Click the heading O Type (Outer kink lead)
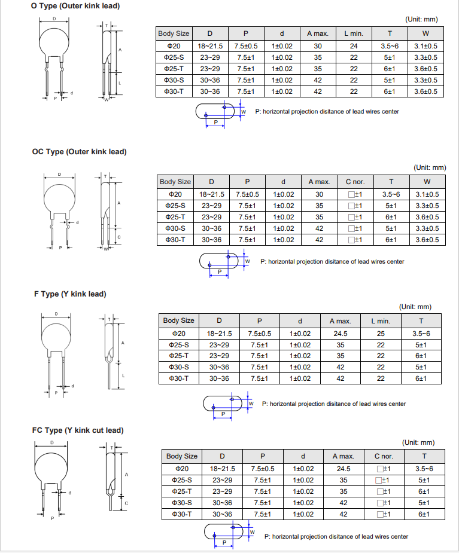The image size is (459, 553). pos(75,6)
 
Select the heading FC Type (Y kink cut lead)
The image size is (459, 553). pos(78,430)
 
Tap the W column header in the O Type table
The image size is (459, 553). pos(425,33)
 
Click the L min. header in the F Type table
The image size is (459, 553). pos(381,321)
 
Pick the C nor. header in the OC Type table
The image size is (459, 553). pos(355,182)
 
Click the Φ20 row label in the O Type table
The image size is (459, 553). pos(174,46)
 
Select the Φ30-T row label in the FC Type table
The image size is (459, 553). pos(182,514)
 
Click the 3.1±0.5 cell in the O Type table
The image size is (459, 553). pos(425,46)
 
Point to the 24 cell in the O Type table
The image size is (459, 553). pos(354,46)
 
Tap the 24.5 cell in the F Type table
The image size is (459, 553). pos(341,334)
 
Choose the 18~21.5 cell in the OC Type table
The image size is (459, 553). pos(212,194)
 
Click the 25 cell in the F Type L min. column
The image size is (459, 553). pos(381,334)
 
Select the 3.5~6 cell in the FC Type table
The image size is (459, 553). pos(424,469)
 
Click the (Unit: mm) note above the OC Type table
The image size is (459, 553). pos(430,167)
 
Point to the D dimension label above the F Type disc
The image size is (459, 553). pos(57,314)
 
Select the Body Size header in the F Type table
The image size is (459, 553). pos(179,321)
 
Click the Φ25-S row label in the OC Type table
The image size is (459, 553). pos(175,206)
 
